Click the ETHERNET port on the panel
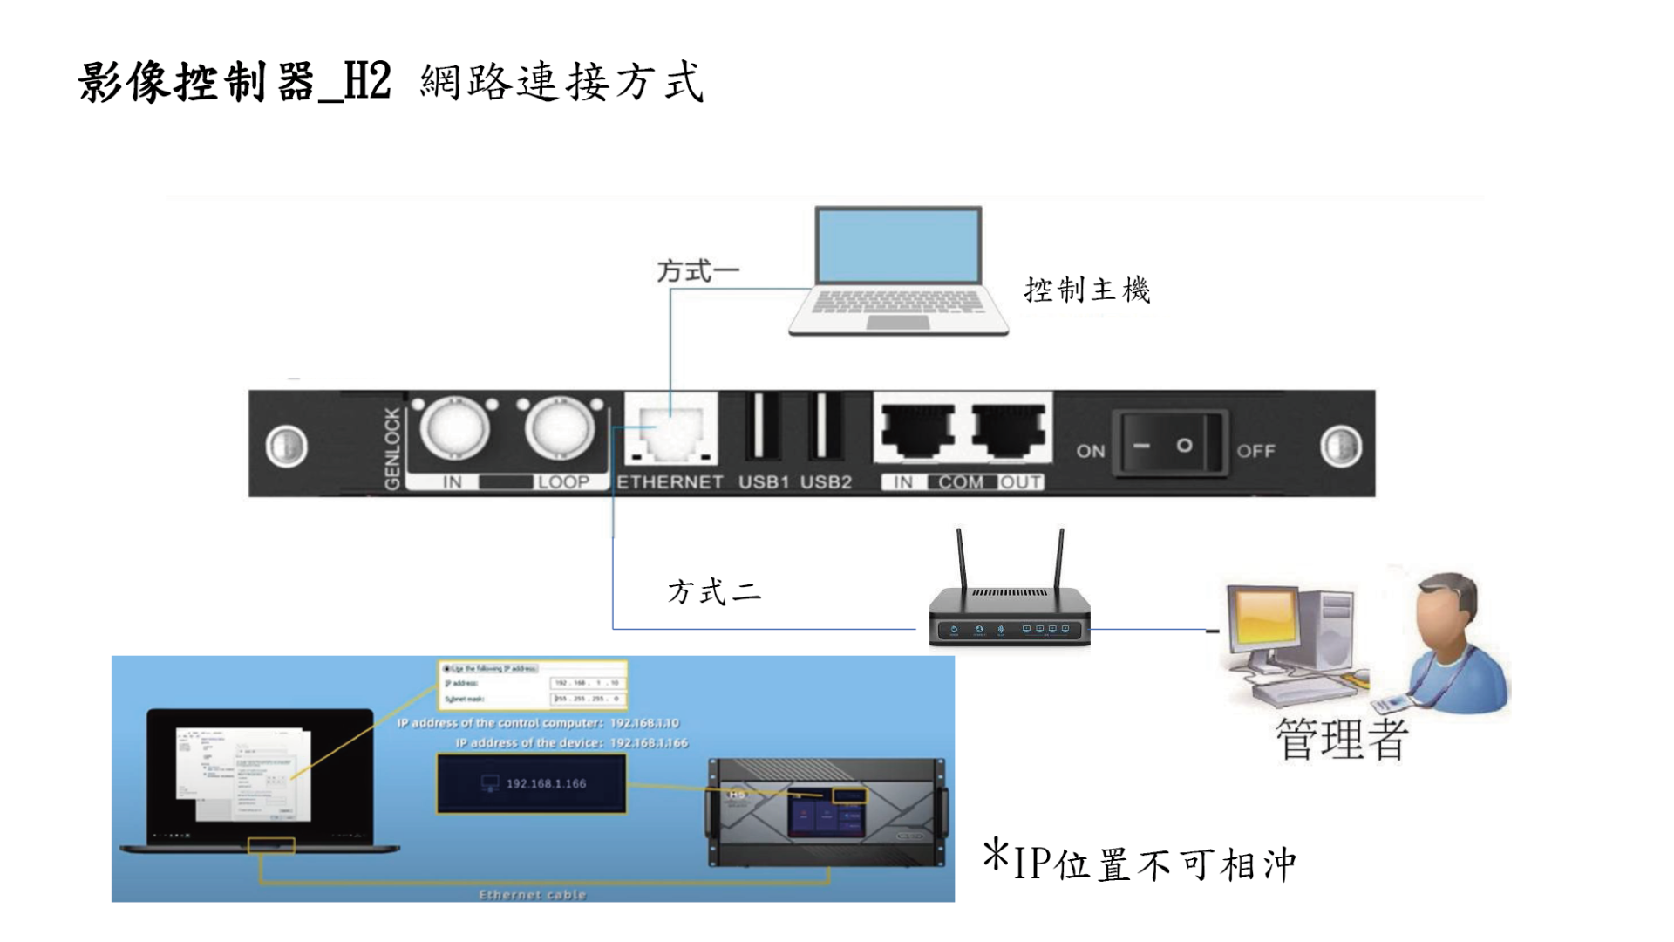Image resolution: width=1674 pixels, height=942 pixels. click(670, 429)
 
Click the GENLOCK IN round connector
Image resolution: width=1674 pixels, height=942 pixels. click(453, 429)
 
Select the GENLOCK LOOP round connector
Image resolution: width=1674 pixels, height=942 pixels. click(560, 429)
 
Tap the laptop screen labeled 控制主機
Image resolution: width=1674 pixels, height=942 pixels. click(898, 246)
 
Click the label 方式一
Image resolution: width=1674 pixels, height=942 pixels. click(697, 271)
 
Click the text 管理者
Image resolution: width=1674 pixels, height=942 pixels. click(1341, 740)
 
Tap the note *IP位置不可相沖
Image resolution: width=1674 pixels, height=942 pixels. click(1140, 862)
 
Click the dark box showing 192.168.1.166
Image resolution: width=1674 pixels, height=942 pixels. click(532, 783)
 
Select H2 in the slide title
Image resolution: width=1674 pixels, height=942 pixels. click(368, 82)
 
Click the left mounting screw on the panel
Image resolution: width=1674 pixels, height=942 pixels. click(286, 446)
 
